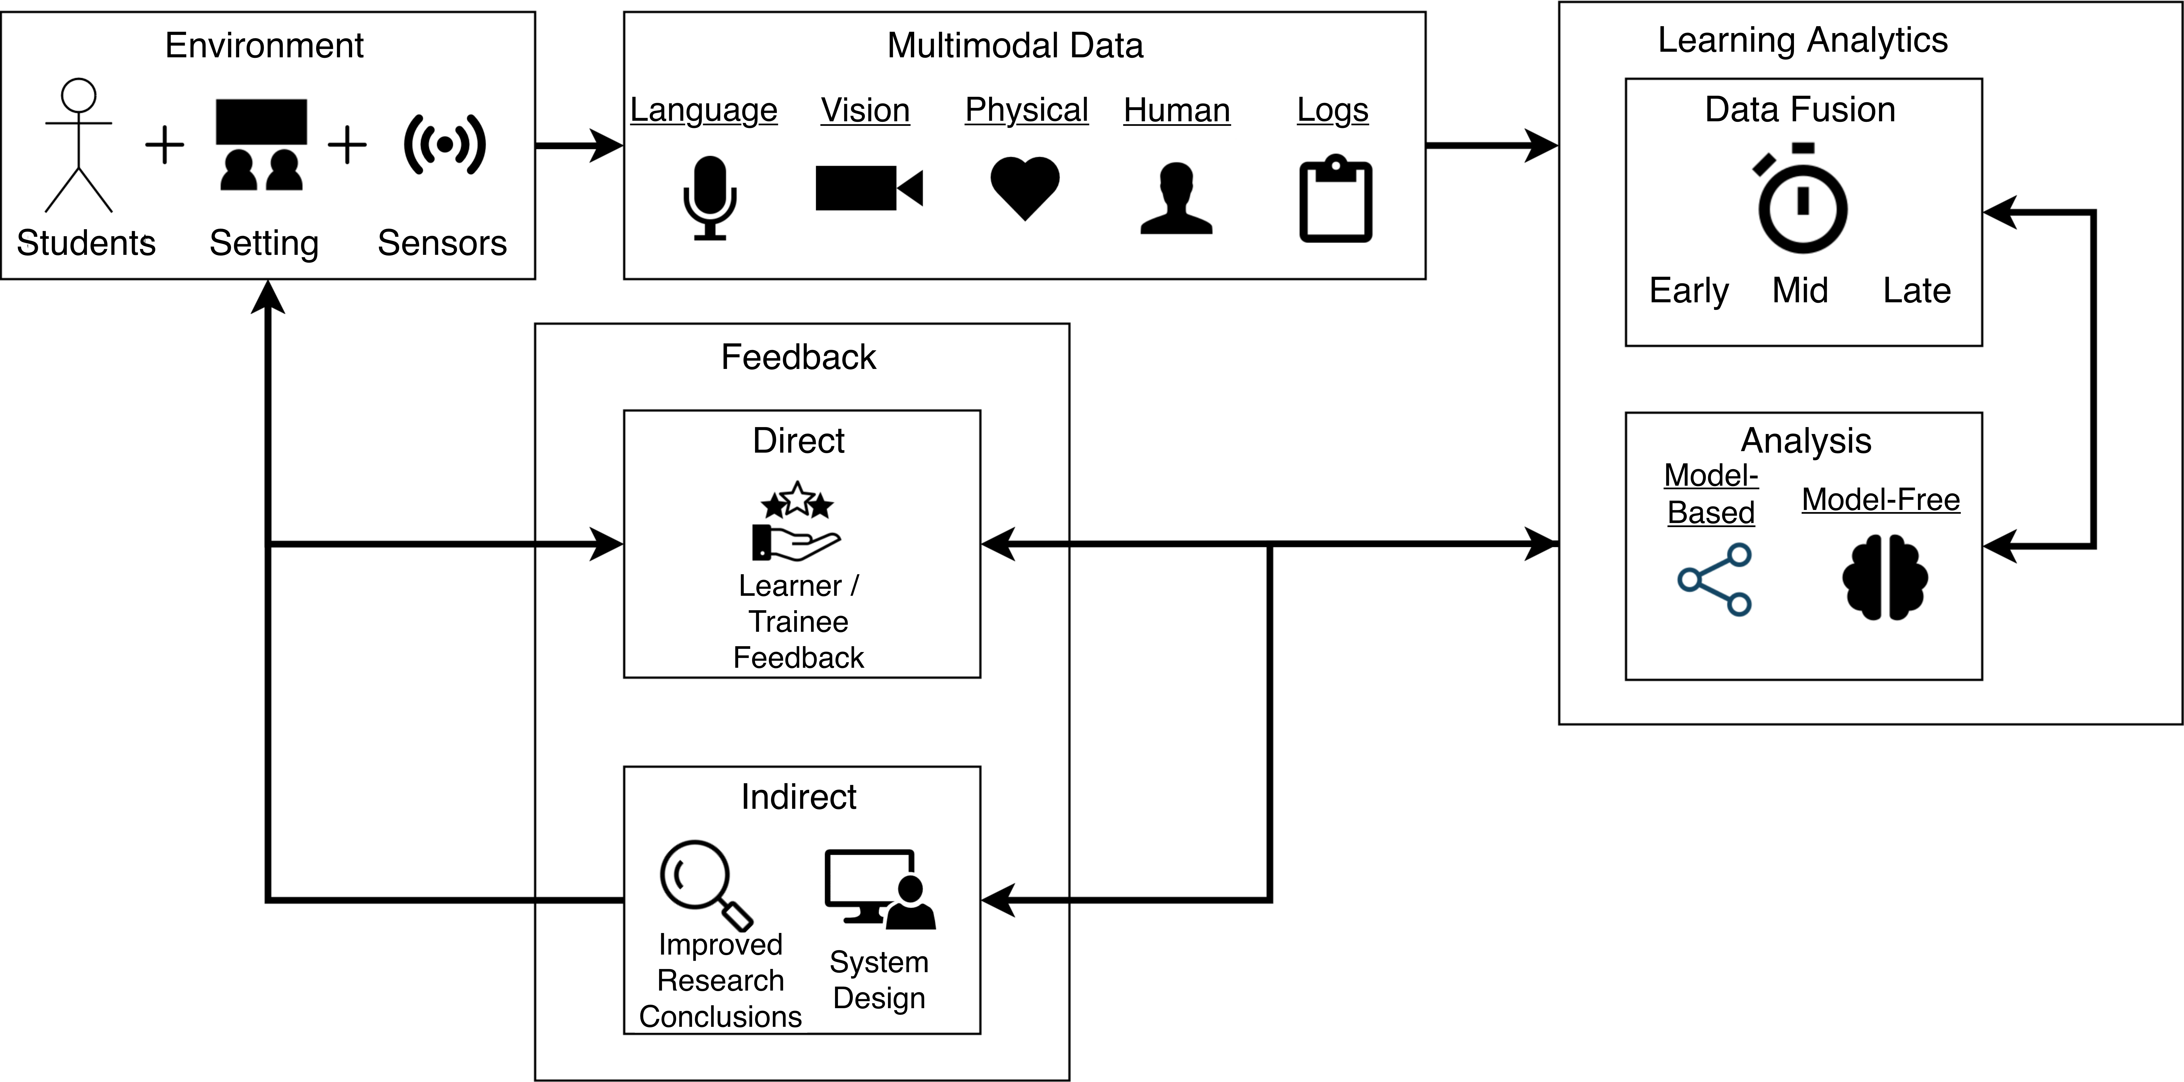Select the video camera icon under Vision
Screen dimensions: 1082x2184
tap(868, 187)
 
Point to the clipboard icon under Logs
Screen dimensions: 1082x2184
tap(1335, 199)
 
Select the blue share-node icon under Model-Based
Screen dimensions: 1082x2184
tap(1714, 579)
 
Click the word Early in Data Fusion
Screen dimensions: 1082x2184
tap(1688, 291)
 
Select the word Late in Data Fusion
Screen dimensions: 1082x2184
tap(1916, 291)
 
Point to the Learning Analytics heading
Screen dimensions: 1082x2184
tap(1802, 40)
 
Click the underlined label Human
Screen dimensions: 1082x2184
tap(1176, 110)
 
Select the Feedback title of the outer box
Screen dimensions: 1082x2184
tap(798, 357)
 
